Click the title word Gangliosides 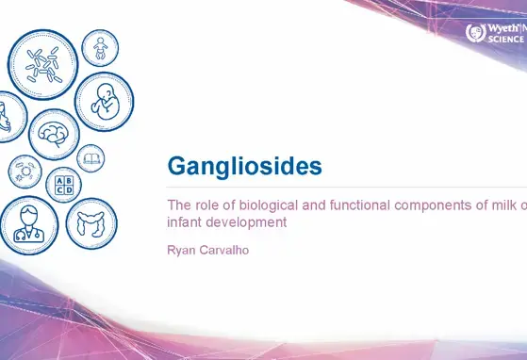click(x=244, y=167)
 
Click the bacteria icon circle click(x=41, y=63)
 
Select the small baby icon click(x=99, y=47)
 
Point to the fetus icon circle click(x=103, y=101)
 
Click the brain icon click(x=54, y=134)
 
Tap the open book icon click(x=91, y=157)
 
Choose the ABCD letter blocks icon click(x=64, y=184)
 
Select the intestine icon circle click(x=91, y=222)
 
